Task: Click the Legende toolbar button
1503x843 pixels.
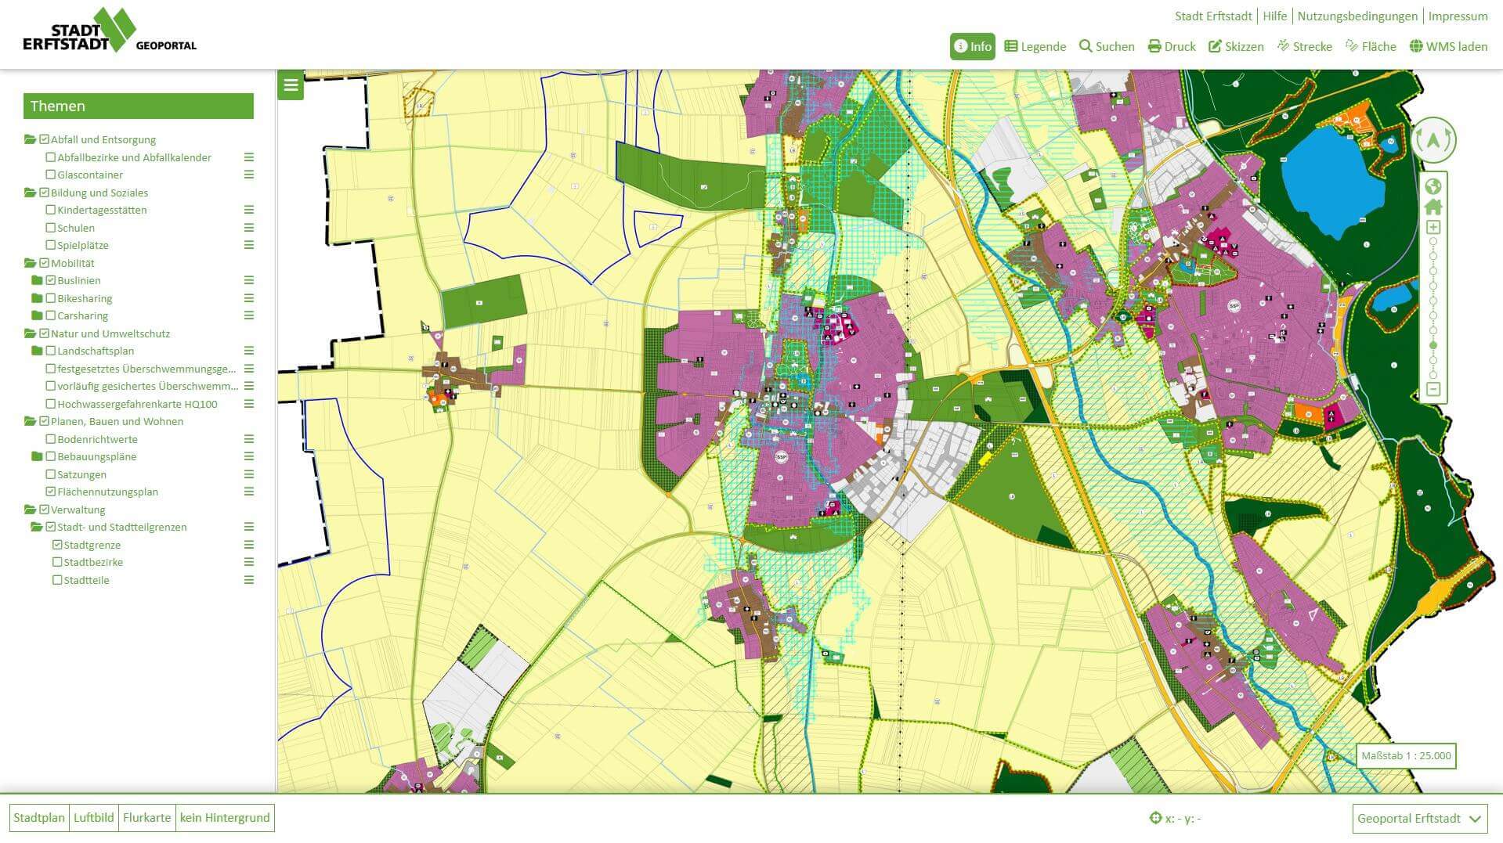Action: coord(1035,46)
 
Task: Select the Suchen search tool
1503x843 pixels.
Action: coord(1106,46)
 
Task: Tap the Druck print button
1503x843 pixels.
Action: coord(1172,46)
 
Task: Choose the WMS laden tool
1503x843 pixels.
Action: coord(1448,46)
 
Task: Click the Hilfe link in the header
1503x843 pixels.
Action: coord(1274,16)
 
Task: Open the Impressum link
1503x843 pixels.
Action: coord(1457,16)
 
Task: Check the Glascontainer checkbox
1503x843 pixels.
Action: coord(51,175)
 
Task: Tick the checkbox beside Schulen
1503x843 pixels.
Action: coord(51,228)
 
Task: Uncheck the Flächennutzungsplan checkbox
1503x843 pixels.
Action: coord(51,492)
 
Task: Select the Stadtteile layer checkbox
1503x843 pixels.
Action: coord(57,581)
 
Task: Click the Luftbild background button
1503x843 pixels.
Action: coord(93,818)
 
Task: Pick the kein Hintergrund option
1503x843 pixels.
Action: coord(225,818)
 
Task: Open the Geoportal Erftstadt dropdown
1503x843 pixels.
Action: coord(1418,819)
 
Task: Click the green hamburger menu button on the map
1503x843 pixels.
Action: coord(291,85)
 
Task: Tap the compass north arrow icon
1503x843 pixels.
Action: coord(1433,140)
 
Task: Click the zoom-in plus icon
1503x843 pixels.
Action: coord(1433,228)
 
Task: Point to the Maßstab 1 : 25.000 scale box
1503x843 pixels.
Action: coord(1406,756)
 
